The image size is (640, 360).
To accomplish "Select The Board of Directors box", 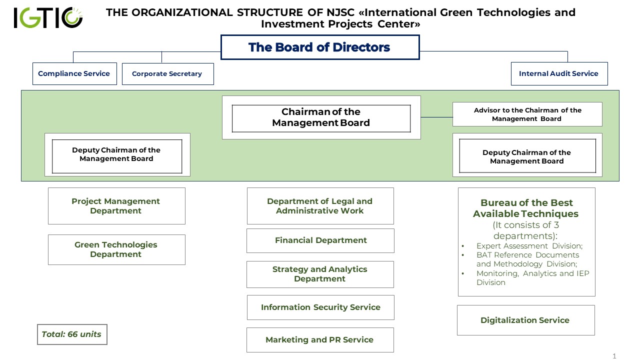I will click(x=319, y=47).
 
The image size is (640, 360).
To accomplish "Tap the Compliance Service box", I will click(x=74, y=73).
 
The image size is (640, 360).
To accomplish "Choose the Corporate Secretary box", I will click(x=167, y=74).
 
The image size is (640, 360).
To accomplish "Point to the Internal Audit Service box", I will click(x=558, y=73).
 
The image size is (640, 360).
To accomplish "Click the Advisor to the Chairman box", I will click(x=527, y=114).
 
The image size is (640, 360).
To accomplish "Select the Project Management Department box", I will click(x=116, y=206).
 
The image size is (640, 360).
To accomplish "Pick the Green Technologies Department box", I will click(x=116, y=249).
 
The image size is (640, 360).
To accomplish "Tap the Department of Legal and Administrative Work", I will click(x=320, y=206).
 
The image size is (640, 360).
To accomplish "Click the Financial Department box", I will click(x=320, y=240).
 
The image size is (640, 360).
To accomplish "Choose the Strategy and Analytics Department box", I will click(x=320, y=274).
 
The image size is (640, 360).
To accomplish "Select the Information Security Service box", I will click(x=320, y=307).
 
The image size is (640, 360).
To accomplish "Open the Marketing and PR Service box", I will click(x=319, y=340).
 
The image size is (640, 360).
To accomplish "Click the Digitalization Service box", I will click(x=525, y=320).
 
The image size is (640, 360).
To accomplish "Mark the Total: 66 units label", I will click(x=71, y=334).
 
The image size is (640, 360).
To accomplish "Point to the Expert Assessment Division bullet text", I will click(x=529, y=246).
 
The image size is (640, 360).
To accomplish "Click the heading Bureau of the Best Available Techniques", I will click(x=526, y=208).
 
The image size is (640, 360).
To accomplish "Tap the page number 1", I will click(x=614, y=356).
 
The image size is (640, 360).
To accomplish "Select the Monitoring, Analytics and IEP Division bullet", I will click(x=532, y=278).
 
